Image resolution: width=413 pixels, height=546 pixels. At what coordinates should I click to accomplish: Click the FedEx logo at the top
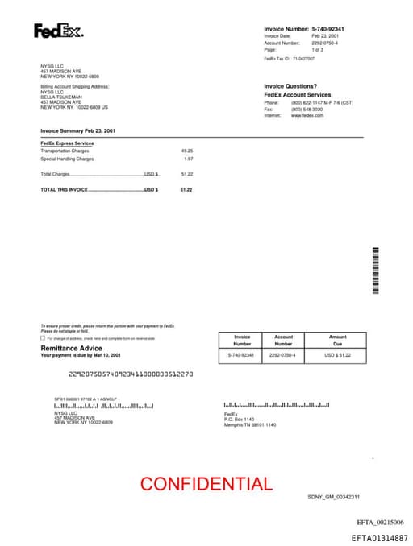(x=58, y=31)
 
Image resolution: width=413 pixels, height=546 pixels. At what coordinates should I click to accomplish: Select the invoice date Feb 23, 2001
(x=325, y=36)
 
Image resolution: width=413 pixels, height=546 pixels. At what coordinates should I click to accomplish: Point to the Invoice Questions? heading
(x=290, y=86)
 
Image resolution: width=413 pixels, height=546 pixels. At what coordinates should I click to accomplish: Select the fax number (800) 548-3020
(x=307, y=110)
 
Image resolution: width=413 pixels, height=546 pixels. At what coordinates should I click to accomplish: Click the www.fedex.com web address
(x=307, y=115)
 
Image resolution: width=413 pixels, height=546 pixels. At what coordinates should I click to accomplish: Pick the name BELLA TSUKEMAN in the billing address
(x=60, y=97)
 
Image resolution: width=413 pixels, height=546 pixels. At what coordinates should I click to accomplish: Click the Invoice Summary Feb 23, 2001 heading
(x=77, y=130)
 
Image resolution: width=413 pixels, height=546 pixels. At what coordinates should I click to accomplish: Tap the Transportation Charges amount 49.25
(x=187, y=151)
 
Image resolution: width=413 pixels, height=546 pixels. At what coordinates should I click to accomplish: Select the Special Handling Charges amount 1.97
(x=189, y=159)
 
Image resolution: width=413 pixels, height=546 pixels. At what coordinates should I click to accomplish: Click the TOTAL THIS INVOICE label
(x=65, y=189)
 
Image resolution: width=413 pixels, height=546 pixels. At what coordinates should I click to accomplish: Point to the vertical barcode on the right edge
(x=375, y=272)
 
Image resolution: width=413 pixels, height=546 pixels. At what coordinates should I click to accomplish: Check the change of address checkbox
(x=43, y=338)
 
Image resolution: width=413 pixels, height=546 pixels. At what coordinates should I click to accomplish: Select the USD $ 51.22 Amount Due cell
(x=337, y=354)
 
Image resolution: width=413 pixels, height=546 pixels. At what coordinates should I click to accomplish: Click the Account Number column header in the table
(x=283, y=340)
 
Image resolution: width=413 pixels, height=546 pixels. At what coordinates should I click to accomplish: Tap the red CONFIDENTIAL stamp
(x=206, y=484)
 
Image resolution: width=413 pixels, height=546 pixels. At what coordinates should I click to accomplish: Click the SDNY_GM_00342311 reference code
(x=333, y=497)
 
